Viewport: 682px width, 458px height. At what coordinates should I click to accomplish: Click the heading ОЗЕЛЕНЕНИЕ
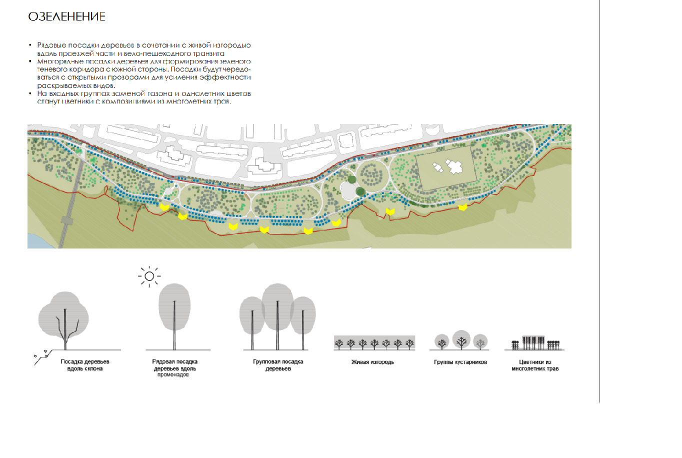pyautogui.click(x=66, y=16)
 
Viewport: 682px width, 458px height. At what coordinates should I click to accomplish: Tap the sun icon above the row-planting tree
pyautogui.click(x=149, y=276)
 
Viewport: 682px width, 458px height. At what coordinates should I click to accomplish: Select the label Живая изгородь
pyautogui.click(x=372, y=362)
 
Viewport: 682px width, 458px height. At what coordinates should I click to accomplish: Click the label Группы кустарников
pyautogui.click(x=460, y=362)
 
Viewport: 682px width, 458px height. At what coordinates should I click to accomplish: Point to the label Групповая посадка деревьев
pyautogui.click(x=278, y=365)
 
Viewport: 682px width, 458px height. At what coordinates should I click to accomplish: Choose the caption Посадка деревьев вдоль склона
pyautogui.click(x=85, y=365)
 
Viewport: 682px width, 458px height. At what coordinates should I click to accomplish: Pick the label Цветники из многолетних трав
pyautogui.click(x=535, y=365)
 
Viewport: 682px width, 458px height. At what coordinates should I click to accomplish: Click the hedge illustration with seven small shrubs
pyautogui.click(x=374, y=342)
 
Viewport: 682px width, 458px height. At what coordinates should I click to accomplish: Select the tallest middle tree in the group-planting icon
pyautogui.click(x=277, y=316)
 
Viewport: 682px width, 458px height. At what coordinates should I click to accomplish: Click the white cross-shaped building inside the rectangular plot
pyautogui.click(x=454, y=166)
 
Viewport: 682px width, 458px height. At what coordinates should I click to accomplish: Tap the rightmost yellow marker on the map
pyautogui.click(x=463, y=207)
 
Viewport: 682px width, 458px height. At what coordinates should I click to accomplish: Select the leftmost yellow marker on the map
pyautogui.click(x=164, y=207)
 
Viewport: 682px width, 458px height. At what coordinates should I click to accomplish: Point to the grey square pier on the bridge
pyautogui.click(x=67, y=220)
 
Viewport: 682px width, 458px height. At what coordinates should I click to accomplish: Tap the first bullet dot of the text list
pyautogui.click(x=30, y=45)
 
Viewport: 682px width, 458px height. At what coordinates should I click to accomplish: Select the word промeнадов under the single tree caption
pyautogui.click(x=173, y=375)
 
